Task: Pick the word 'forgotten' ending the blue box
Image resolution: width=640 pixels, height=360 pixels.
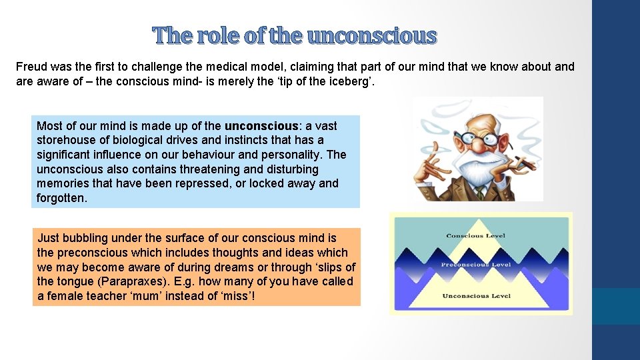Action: [61, 198]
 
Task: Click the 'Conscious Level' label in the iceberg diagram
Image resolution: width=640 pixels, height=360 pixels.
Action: [475, 236]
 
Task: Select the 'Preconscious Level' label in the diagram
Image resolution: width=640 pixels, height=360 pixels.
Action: [475, 265]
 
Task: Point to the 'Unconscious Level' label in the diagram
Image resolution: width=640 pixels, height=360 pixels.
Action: [475, 295]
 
